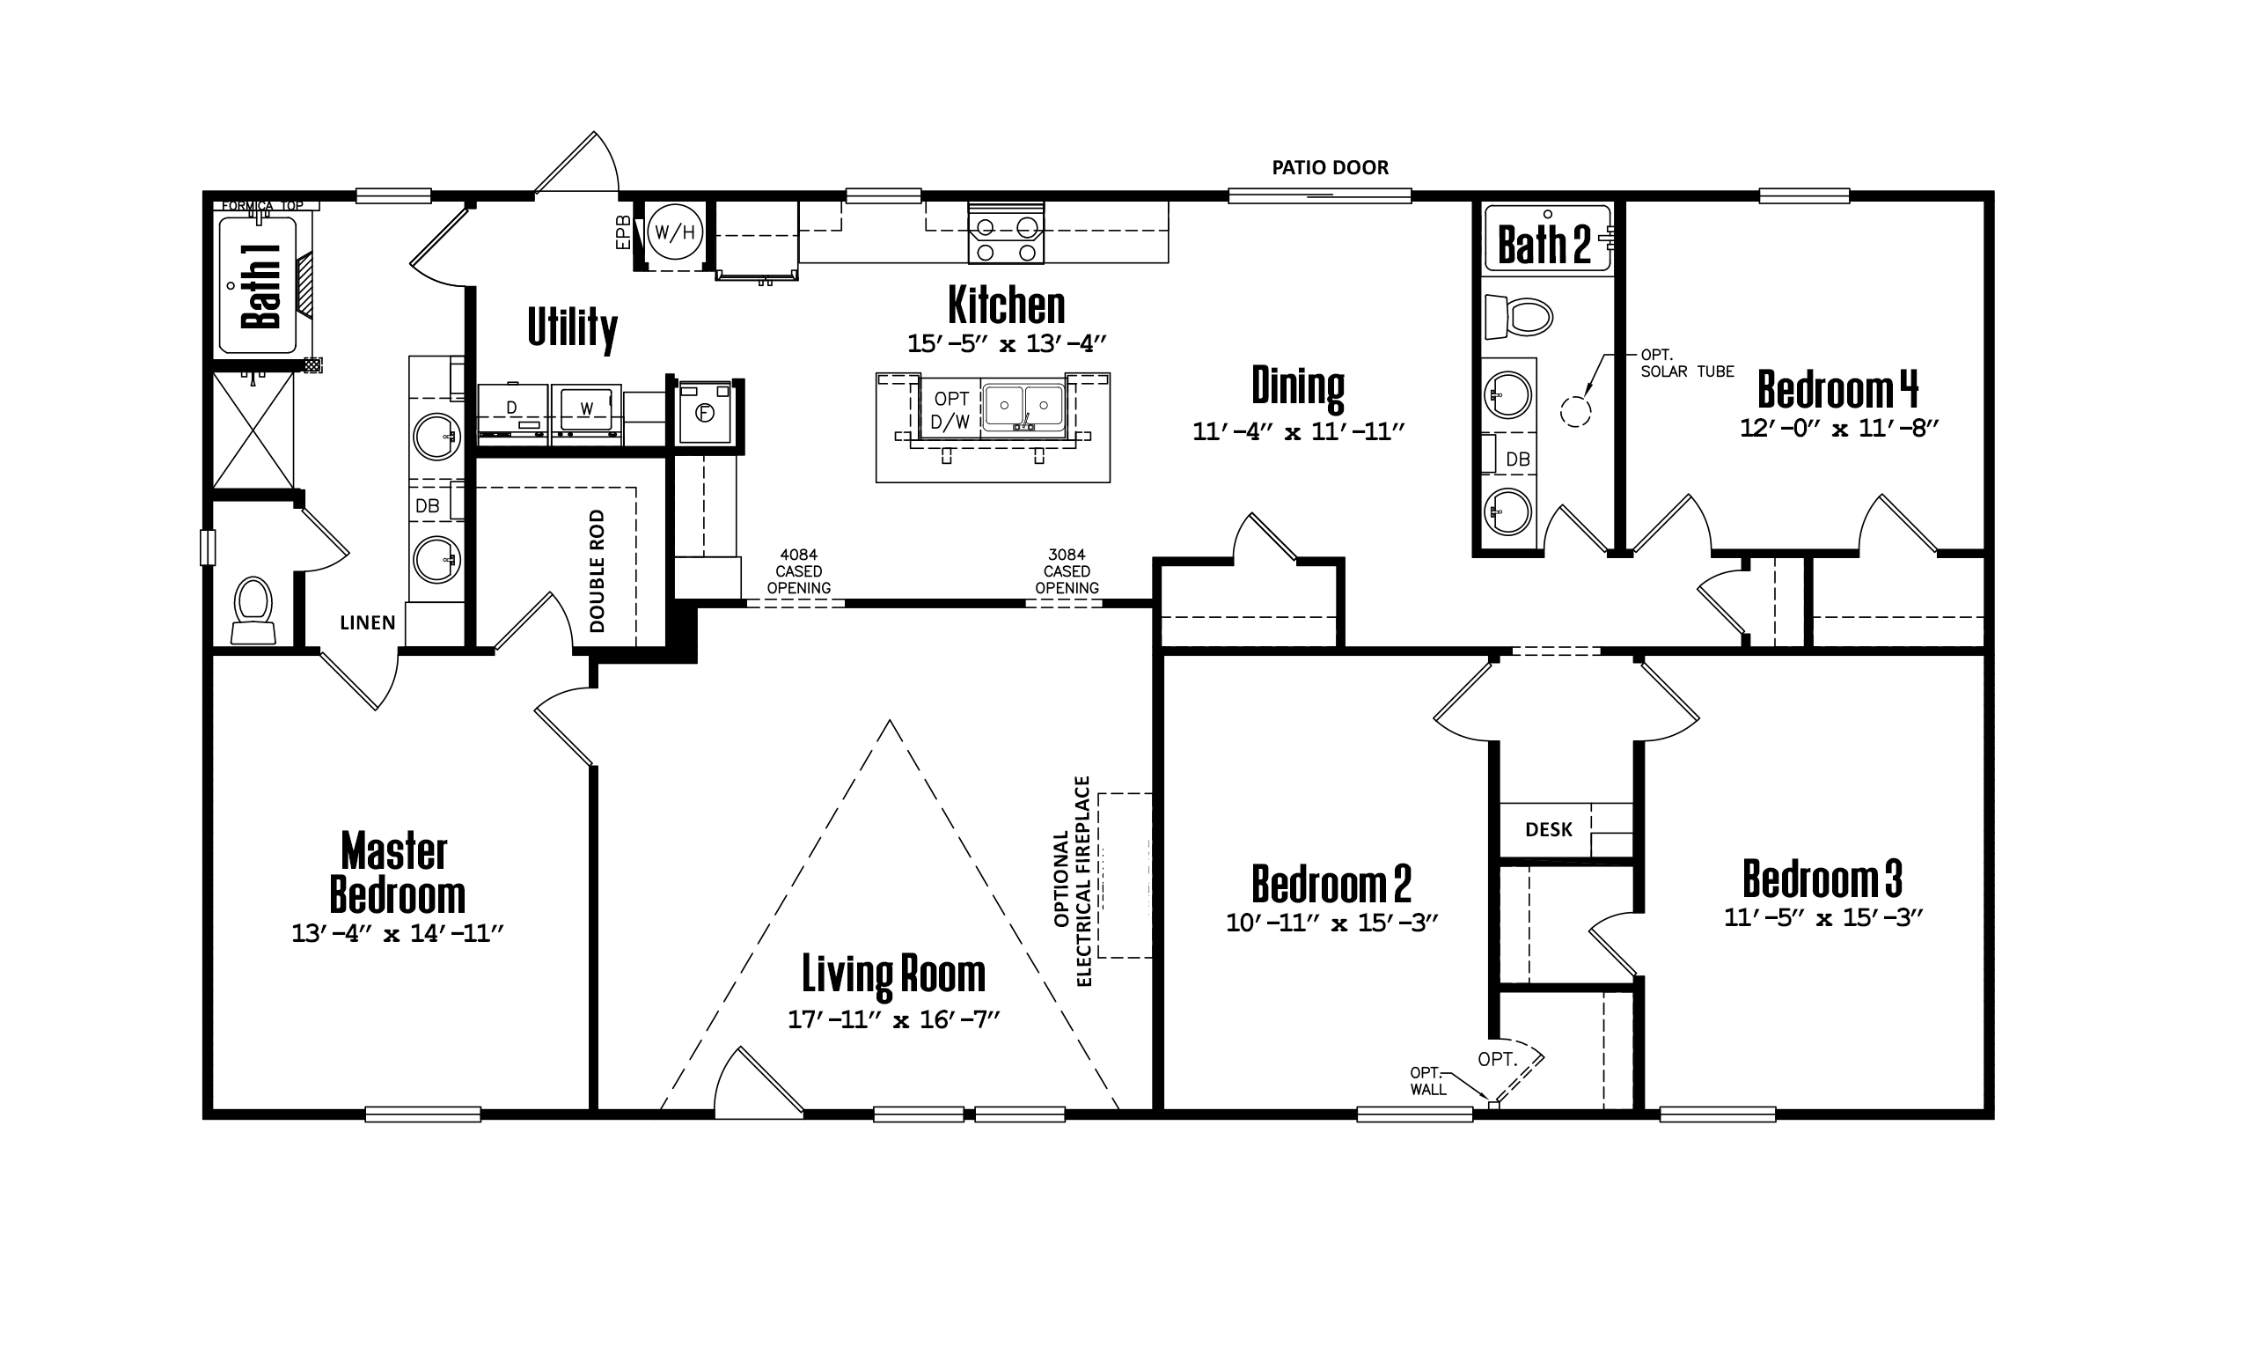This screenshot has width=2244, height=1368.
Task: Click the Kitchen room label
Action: pyautogui.click(x=1007, y=305)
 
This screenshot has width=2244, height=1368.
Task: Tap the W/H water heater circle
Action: pyautogui.click(x=675, y=232)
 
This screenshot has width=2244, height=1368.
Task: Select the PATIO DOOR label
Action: pyautogui.click(x=1330, y=167)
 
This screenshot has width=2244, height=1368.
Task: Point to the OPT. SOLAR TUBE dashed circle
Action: pyautogui.click(x=1575, y=412)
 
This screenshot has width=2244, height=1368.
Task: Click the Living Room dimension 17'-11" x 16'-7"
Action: pyautogui.click(x=893, y=1019)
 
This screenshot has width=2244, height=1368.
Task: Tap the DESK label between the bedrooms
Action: pyautogui.click(x=1548, y=830)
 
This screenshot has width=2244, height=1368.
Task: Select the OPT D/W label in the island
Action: pyautogui.click(x=950, y=410)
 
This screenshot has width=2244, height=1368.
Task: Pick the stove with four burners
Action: pyautogui.click(x=1006, y=233)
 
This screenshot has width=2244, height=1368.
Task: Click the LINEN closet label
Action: pyautogui.click(x=368, y=623)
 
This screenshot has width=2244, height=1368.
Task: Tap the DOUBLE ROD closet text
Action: pyautogui.click(x=598, y=571)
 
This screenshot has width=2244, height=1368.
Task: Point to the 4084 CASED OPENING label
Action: pyautogui.click(x=799, y=571)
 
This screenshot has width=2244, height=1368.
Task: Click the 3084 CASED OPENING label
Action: pyautogui.click(x=1067, y=571)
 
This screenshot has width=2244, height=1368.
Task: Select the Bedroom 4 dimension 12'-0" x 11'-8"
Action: pyautogui.click(x=1838, y=428)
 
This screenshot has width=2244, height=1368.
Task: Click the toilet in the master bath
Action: pyautogui.click(x=253, y=610)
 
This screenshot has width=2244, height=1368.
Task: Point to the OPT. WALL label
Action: pyautogui.click(x=1428, y=1081)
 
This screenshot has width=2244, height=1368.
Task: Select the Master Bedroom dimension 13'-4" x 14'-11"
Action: pyautogui.click(x=397, y=933)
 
